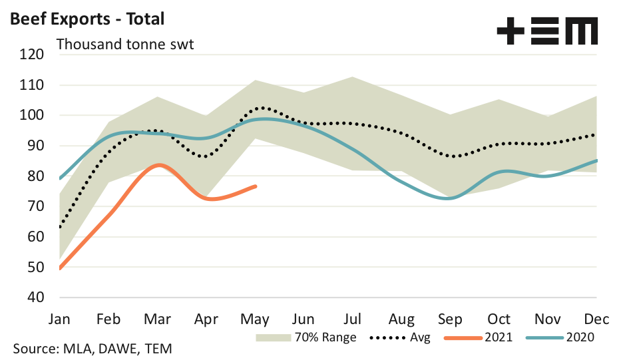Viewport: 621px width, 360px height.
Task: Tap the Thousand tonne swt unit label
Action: coord(125,45)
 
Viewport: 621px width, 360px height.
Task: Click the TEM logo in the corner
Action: coord(547,31)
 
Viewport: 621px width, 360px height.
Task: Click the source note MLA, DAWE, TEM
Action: coord(94,349)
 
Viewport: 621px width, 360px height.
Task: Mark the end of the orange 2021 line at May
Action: coord(256,186)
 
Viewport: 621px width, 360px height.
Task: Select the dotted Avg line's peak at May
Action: coord(261,107)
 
